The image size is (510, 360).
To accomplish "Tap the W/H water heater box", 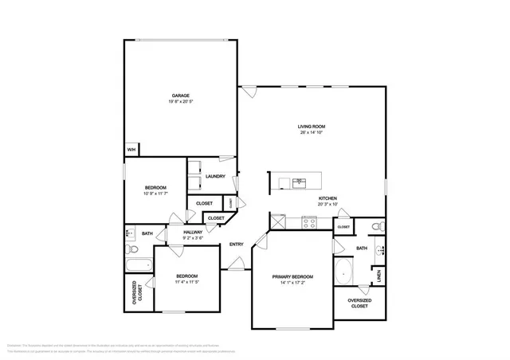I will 131,149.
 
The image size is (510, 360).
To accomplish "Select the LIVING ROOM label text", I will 312,127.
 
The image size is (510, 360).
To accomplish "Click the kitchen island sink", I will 300,182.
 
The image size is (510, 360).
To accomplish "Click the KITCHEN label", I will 328,198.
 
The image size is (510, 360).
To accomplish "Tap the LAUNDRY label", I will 215,176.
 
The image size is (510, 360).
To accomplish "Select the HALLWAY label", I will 194,232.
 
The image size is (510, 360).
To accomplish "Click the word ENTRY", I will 237,245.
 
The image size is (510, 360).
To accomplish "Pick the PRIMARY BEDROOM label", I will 292,276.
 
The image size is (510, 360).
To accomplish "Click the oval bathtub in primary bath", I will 343,272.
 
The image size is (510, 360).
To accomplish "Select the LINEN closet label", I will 380,276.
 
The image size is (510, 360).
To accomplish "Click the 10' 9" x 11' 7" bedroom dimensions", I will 155,194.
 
